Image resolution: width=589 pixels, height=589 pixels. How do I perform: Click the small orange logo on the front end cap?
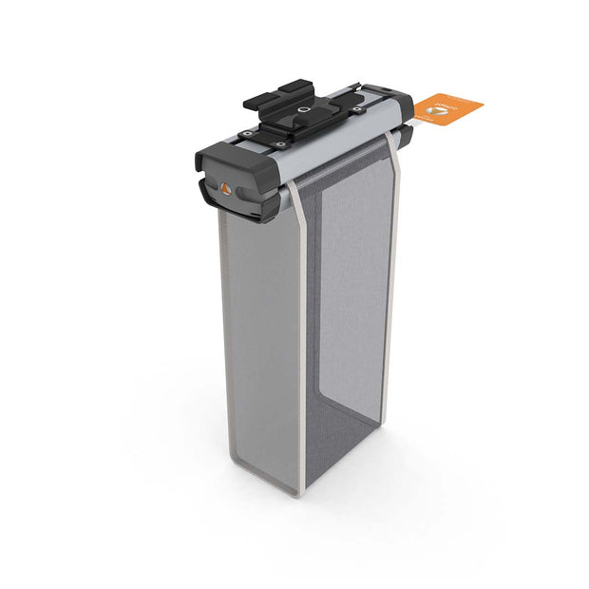[x=225, y=186]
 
